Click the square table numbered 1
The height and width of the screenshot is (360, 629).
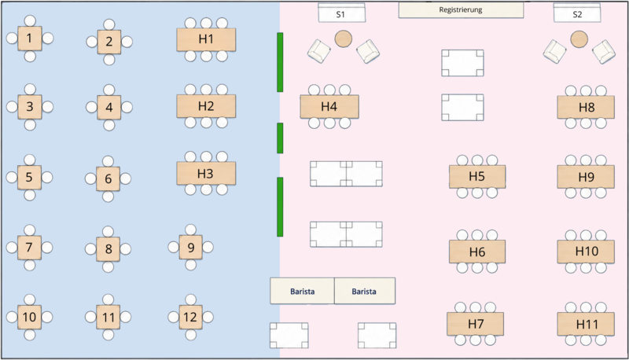(x=30, y=39)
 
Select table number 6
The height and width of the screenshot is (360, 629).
(x=109, y=178)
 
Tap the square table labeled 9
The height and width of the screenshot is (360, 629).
(x=190, y=248)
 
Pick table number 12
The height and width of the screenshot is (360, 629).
(x=190, y=317)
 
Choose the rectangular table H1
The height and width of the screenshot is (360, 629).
(x=206, y=39)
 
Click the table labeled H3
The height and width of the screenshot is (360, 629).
(x=206, y=174)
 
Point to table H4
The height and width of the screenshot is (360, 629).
(x=329, y=107)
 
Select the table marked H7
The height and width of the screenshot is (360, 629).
(x=476, y=324)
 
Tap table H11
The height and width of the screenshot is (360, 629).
(x=586, y=324)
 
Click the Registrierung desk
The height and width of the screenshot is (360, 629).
(x=461, y=10)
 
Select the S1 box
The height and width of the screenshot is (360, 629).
(x=342, y=13)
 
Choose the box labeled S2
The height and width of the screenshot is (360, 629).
(x=577, y=13)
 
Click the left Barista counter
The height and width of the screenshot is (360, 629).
(x=302, y=291)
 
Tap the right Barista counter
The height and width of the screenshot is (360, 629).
(x=365, y=291)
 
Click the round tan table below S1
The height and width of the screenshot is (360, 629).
(x=344, y=39)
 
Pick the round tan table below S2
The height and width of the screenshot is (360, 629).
(x=579, y=39)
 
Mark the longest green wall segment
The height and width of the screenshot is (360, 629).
(x=280, y=62)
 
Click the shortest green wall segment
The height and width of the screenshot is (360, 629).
(x=280, y=138)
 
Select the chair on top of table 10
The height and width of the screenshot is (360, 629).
(x=29, y=299)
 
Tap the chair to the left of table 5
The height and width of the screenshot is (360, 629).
(x=12, y=177)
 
